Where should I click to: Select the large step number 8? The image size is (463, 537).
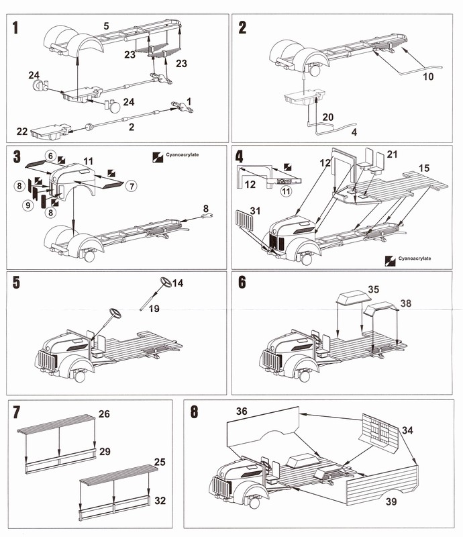(x=194, y=411)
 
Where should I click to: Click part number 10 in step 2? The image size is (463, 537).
(x=428, y=77)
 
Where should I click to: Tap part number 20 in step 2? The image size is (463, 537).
(x=327, y=116)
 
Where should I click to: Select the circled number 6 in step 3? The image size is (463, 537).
(x=50, y=155)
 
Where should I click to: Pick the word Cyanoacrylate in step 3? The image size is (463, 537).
(x=181, y=154)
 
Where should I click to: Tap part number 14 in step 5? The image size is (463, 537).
(x=178, y=284)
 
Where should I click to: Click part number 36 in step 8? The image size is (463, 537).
(x=242, y=410)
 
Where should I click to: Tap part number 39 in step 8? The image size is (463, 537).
(x=386, y=499)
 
